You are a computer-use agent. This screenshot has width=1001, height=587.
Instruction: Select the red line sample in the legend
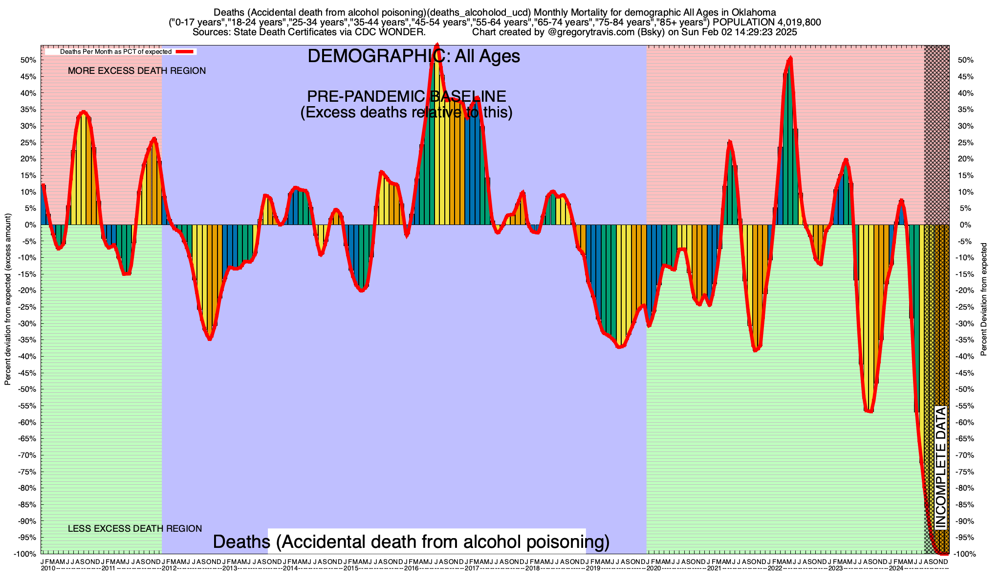coord(186,51)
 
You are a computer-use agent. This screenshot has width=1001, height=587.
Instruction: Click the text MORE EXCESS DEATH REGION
coord(137,71)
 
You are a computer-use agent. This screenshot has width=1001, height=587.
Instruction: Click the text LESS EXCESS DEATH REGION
coord(135,529)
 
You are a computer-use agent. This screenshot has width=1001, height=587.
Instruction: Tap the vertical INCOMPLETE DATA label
coord(941,468)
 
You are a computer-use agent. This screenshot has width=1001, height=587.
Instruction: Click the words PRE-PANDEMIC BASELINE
coord(406,96)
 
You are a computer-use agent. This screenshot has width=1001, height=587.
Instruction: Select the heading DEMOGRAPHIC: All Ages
coord(413,56)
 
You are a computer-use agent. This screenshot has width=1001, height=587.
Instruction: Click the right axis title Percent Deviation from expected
coord(984,299)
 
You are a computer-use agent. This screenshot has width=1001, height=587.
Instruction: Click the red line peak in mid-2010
coord(84,112)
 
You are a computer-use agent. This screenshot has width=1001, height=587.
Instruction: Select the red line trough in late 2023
coord(870,411)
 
